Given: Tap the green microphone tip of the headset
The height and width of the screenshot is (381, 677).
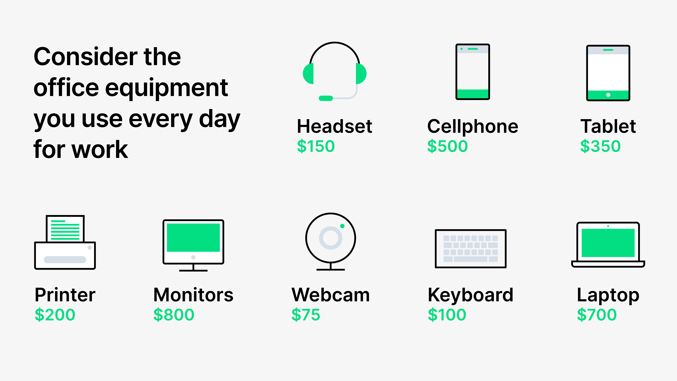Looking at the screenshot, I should click(x=326, y=98).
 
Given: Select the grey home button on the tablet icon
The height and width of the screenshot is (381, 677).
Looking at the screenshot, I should click(x=608, y=95).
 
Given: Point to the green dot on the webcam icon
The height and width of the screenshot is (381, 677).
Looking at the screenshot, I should click(x=342, y=226).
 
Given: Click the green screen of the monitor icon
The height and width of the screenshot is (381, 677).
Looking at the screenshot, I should click(x=193, y=237).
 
